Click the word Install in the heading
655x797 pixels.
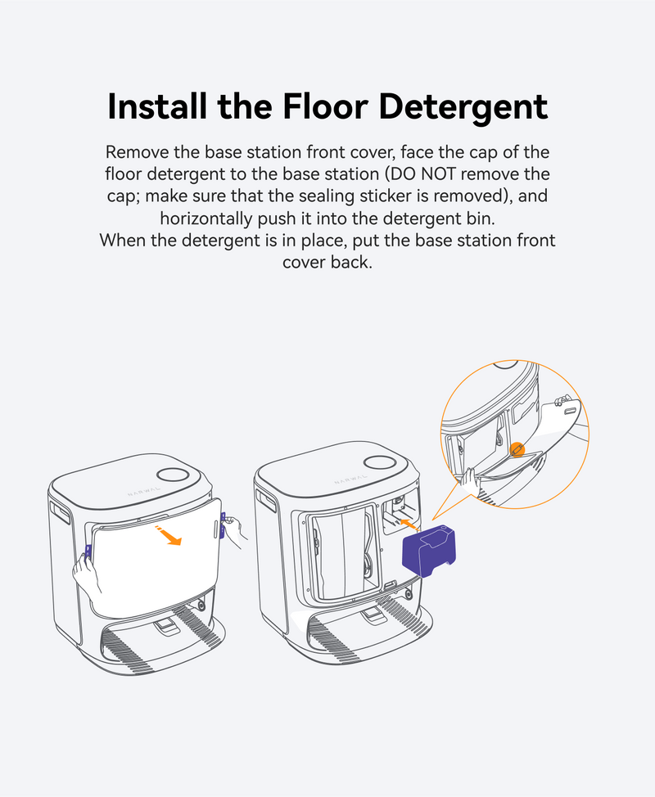(x=158, y=106)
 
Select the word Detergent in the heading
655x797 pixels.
(x=463, y=108)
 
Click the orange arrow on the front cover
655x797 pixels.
(x=168, y=535)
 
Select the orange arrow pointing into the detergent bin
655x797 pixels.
(x=408, y=525)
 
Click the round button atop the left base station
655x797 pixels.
(x=173, y=475)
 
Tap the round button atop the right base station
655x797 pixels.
(x=381, y=462)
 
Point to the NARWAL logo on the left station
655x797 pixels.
(x=144, y=491)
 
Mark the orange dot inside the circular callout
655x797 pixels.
(x=517, y=449)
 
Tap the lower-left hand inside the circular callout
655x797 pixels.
(x=471, y=481)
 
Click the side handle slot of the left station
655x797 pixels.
(x=60, y=512)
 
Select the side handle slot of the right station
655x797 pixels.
(x=266, y=500)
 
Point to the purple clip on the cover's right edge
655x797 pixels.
(x=222, y=525)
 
